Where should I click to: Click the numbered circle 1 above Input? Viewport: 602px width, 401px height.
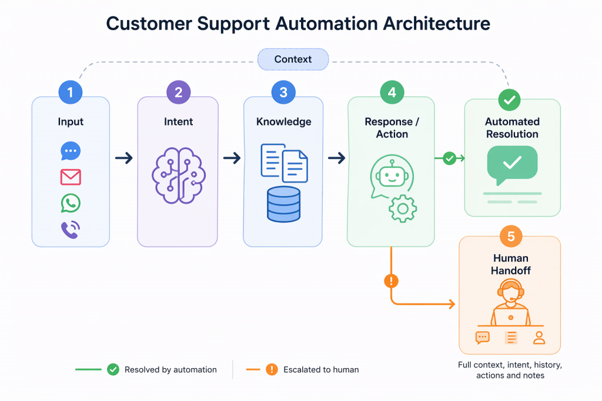71,92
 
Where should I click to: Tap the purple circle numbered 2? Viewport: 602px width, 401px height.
178,92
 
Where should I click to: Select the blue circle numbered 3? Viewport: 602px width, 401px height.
283,92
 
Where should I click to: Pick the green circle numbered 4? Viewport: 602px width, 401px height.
392,92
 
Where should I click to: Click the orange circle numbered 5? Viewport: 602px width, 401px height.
510,236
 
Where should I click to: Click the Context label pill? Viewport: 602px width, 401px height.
293,59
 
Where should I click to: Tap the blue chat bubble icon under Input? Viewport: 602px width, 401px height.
71,151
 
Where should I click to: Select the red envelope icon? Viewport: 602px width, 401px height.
71,177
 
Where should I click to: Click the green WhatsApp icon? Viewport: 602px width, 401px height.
71,203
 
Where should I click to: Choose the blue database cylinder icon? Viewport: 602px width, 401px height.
283,204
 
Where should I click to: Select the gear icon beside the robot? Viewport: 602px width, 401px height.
403,208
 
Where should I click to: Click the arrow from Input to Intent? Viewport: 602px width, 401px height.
123,158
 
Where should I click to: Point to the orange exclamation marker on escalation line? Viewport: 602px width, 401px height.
391,281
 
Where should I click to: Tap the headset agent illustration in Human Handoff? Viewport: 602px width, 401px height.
510,302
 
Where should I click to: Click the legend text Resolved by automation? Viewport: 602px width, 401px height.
170,370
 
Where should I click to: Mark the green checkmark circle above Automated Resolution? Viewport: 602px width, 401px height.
509,100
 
